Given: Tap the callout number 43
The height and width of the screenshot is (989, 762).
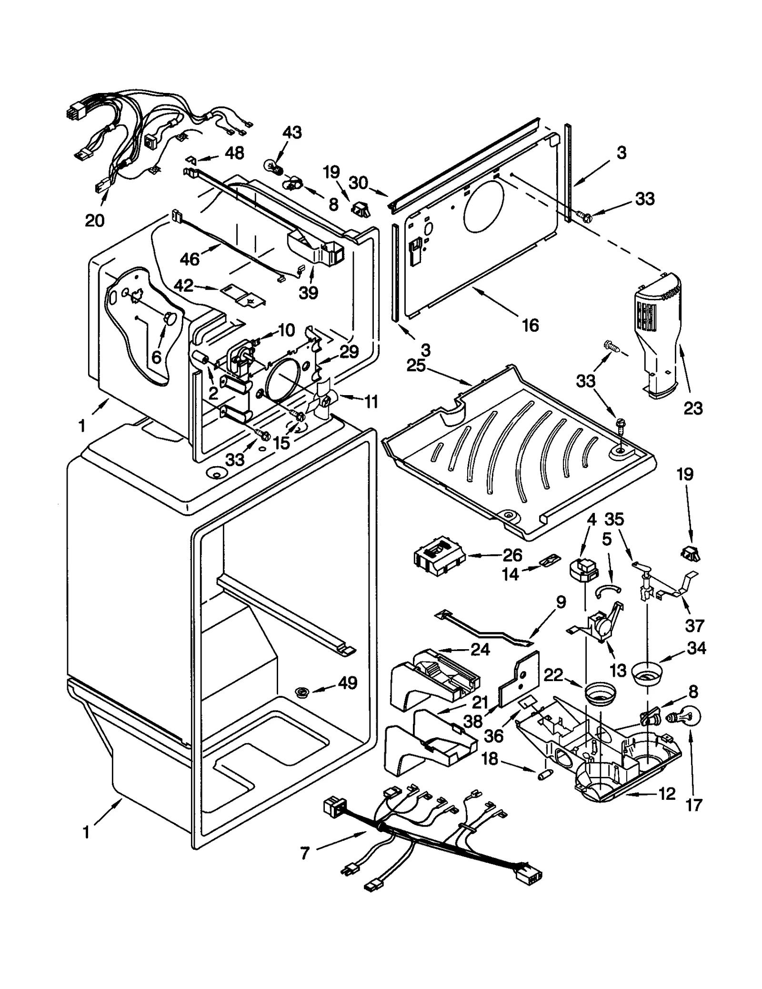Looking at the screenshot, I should click(x=292, y=133).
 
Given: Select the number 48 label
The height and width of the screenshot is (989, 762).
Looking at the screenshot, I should click(x=234, y=153).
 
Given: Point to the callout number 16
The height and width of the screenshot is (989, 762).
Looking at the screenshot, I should click(x=530, y=326).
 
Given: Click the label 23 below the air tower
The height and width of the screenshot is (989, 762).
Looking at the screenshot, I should click(x=693, y=408).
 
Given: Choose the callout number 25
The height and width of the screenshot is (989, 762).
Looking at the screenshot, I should click(x=416, y=366).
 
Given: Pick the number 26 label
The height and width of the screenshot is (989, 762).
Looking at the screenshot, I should click(x=512, y=555).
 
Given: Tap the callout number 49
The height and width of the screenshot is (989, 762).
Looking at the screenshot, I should click(x=348, y=683).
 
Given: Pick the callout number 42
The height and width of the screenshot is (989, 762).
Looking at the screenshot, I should click(x=183, y=285).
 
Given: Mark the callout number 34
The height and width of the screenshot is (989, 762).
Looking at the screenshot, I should click(x=696, y=648).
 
